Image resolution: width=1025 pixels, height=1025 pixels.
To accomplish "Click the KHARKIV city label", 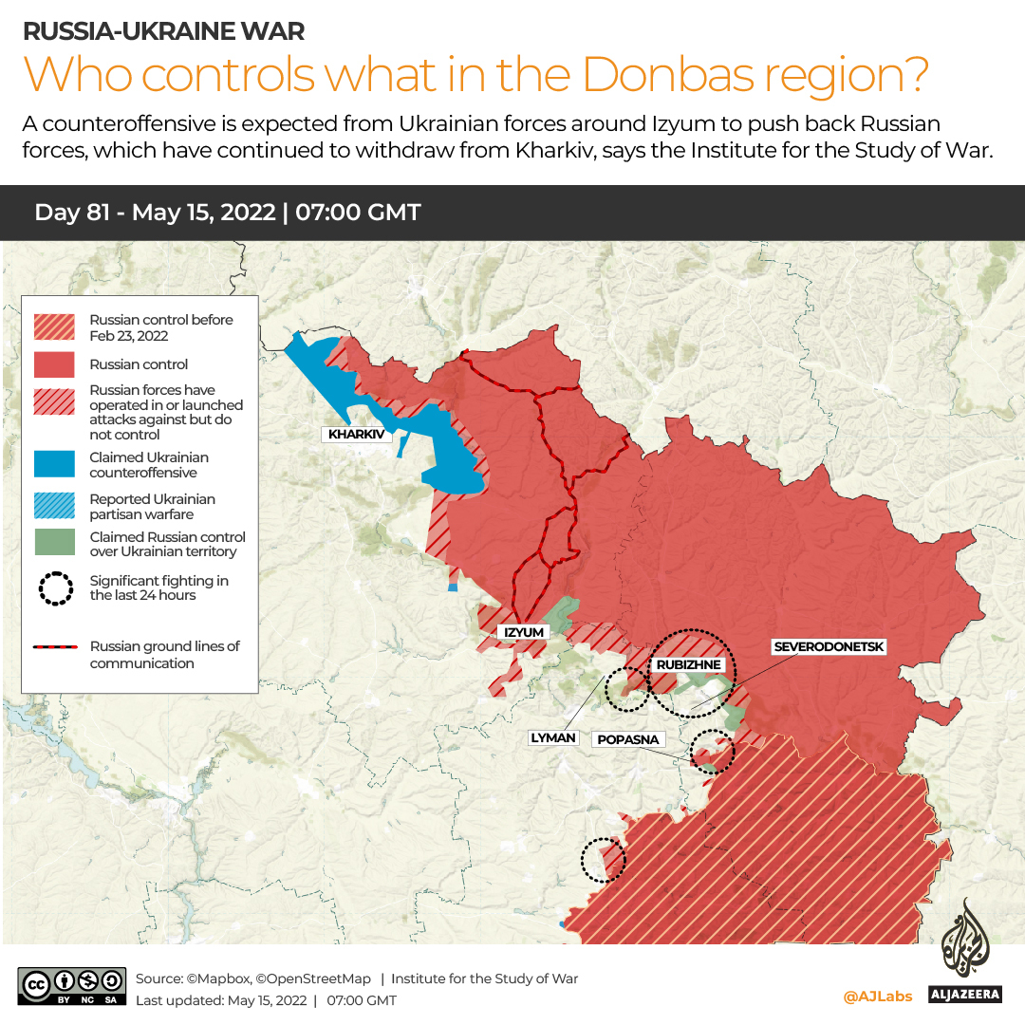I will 357,435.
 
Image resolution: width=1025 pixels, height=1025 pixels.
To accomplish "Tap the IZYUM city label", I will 524,632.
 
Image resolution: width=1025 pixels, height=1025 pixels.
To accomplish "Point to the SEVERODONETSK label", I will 829,647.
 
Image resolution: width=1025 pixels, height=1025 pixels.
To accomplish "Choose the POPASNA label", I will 627,739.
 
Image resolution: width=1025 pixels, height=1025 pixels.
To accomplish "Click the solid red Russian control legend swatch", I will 54,364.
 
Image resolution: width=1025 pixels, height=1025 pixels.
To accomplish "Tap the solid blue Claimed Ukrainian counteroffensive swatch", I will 54,464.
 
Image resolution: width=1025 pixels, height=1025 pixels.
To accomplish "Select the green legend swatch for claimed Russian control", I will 54,543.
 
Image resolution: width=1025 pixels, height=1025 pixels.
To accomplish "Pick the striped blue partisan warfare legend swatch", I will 54,506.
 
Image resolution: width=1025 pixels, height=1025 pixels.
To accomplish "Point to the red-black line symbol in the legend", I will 55,647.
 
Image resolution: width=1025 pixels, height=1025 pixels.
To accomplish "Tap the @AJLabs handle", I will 877,996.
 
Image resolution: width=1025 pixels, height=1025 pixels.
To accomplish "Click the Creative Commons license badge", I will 71,987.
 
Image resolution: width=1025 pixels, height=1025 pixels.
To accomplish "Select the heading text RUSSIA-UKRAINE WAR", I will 163,30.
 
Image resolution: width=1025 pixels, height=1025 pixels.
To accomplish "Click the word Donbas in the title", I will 663,74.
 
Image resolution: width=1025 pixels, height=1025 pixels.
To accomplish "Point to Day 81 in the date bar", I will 72,213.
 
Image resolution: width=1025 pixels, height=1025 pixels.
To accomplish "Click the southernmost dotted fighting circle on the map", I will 603,860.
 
